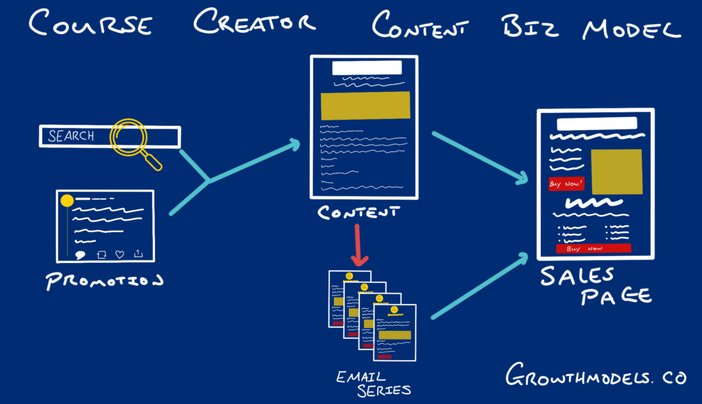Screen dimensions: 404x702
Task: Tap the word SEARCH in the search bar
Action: [x=71, y=136]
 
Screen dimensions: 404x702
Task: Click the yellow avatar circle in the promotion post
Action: [x=66, y=201]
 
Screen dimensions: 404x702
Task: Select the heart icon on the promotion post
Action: [x=120, y=254]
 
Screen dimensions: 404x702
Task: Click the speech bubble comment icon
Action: [x=80, y=255]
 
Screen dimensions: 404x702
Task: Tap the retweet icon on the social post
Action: [x=101, y=254]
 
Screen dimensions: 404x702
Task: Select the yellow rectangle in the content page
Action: [x=365, y=105]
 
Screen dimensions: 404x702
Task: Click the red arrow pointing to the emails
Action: [x=359, y=245]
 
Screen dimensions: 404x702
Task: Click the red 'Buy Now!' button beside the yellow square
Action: [x=566, y=184]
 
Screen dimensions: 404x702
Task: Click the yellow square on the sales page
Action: [x=616, y=171]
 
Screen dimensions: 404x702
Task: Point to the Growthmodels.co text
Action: [x=594, y=376]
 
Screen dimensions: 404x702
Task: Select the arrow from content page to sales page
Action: [x=480, y=158]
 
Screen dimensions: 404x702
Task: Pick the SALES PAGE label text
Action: [x=594, y=286]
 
